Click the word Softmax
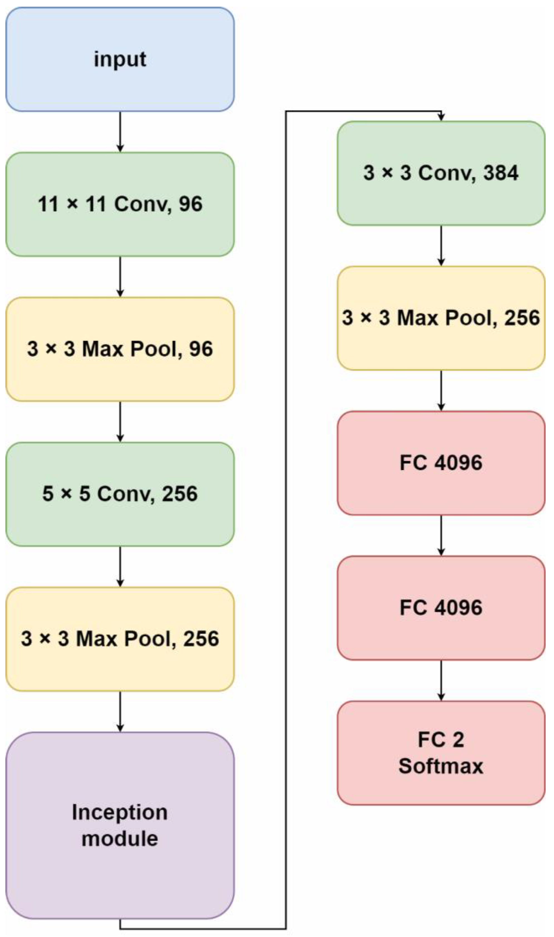click(x=441, y=766)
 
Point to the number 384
click(x=501, y=173)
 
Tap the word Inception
click(x=120, y=812)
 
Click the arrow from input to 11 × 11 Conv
click(x=120, y=131)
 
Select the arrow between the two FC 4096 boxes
click(x=441, y=536)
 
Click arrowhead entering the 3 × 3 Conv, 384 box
click(x=441, y=117)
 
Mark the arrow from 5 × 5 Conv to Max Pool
click(x=120, y=566)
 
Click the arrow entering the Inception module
click(x=120, y=711)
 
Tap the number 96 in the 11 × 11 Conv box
click(x=190, y=204)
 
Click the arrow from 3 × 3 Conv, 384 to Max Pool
click(x=441, y=246)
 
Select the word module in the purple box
click(x=120, y=839)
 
